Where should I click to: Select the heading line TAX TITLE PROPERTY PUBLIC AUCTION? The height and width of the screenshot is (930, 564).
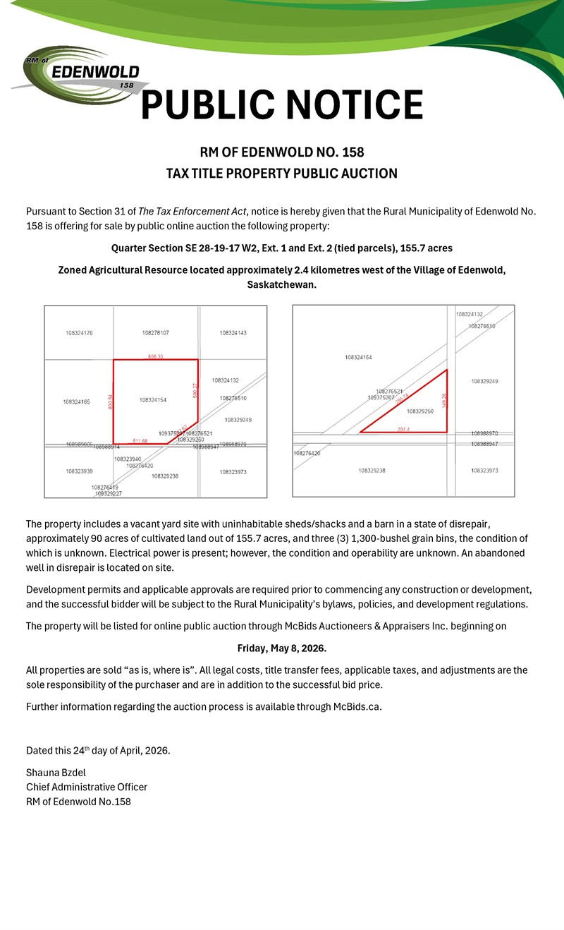(x=282, y=174)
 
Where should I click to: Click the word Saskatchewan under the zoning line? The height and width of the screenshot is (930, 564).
(x=281, y=284)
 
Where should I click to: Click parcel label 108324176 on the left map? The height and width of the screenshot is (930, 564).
(x=80, y=332)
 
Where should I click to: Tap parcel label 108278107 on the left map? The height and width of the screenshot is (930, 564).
(x=156, y=332)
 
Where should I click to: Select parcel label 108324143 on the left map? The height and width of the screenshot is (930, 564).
(x=233, y=332)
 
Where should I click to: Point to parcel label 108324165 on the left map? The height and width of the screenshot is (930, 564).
(x=77, y=402)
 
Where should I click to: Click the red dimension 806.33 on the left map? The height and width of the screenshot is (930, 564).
(x=156, y=357)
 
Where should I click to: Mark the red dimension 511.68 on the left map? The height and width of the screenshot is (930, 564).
(x=140, y=441)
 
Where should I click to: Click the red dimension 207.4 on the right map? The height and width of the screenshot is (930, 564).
(x=403, y=429)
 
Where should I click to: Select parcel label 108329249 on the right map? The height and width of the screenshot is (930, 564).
(x=484, y=382)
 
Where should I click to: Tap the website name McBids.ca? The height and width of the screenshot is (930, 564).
(x=356, y=707)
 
